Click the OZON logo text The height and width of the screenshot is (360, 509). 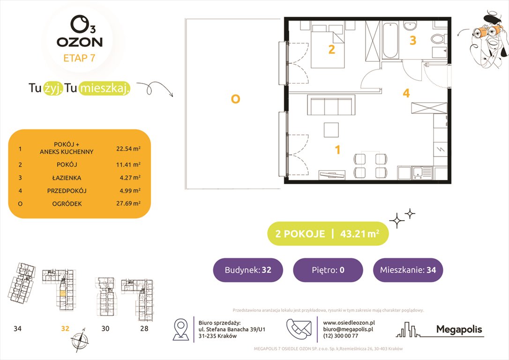(x=79, y=42)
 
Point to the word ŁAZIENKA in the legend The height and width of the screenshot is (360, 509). (x=67, y=178)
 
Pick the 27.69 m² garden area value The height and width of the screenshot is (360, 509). (x=128, y=203)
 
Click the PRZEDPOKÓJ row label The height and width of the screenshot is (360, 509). (x=67, y=191)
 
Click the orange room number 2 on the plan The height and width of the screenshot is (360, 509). (x=331, y=49)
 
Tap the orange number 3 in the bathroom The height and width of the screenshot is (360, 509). (x=412, y=41)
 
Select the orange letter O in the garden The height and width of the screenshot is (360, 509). (x=235, y=98)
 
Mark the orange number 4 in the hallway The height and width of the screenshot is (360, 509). (x=406, y=93)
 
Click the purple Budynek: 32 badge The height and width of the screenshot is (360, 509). (x=248, y=270)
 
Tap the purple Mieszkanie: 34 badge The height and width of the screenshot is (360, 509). (x=408, y=270)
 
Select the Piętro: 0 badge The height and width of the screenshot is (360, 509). (x=328, y=270)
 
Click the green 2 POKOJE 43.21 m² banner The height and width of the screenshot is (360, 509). (x=328, y=234)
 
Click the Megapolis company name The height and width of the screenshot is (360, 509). (x=459, y=330)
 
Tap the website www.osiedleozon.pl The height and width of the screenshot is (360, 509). (x=349, y=322)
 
